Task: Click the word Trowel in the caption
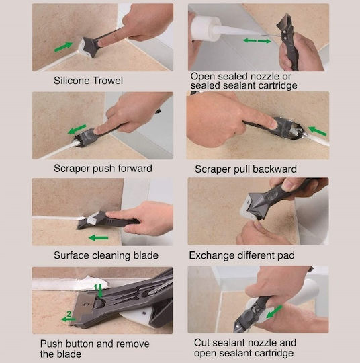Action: (107, 81)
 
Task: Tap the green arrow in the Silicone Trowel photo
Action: (63, 46)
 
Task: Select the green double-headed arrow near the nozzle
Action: (257, 41)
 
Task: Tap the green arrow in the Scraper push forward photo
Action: (77, 129)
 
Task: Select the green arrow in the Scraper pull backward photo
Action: (318, 131)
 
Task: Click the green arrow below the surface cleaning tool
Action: (98, 238)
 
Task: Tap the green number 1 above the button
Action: (95, 288)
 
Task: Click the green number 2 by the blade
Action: (69, 314)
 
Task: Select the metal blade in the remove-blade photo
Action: (85, 307)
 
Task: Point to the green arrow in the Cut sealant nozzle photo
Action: (275, 312)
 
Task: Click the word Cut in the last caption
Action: (201, 343)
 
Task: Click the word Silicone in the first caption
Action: (72, 81)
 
